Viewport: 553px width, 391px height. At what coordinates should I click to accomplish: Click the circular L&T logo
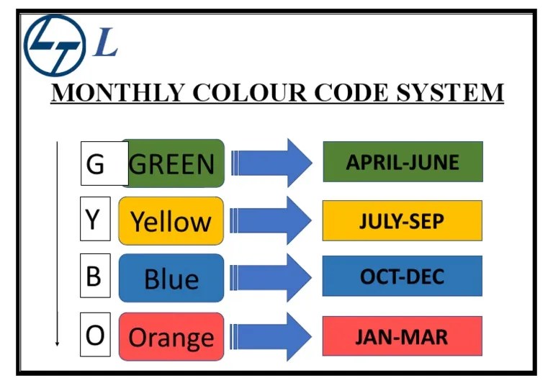[x=55, y=45]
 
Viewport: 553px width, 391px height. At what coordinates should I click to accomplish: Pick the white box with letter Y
[x=94, y=219]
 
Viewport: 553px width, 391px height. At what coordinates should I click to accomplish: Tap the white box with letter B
[x=94, y=277]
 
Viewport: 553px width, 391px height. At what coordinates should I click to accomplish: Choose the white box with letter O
[x=94, y=335]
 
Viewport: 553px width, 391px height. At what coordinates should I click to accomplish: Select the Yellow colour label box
[x=171, y=220]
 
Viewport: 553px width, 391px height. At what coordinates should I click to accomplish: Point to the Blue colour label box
[x=171, y=278]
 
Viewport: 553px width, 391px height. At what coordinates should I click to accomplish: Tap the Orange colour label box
[x=171, y=336]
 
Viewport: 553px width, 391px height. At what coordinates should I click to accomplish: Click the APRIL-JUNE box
[x=403, y=161]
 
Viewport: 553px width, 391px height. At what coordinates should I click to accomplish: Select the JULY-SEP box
[x=402, y=220]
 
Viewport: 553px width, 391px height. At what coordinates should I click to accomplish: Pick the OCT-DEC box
[x=402, y=276]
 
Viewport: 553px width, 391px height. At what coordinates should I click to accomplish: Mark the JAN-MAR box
[x=402, y=336]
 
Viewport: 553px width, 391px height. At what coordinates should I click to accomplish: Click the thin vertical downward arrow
[x=58, y=245]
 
